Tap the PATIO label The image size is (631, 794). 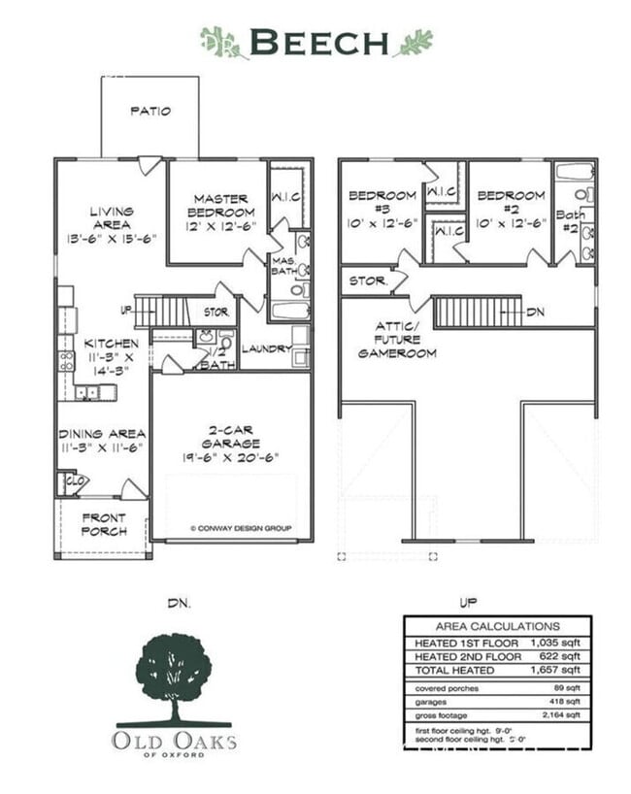[150, 111]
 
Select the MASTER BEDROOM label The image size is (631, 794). [222, 213]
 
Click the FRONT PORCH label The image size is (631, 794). [103, 524]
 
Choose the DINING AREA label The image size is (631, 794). [102, 441]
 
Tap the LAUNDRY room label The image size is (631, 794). [260, 347]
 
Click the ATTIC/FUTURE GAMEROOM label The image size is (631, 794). [398, 340]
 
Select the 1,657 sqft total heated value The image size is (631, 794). [555, 670]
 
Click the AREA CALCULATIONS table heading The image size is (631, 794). [497, 626]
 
